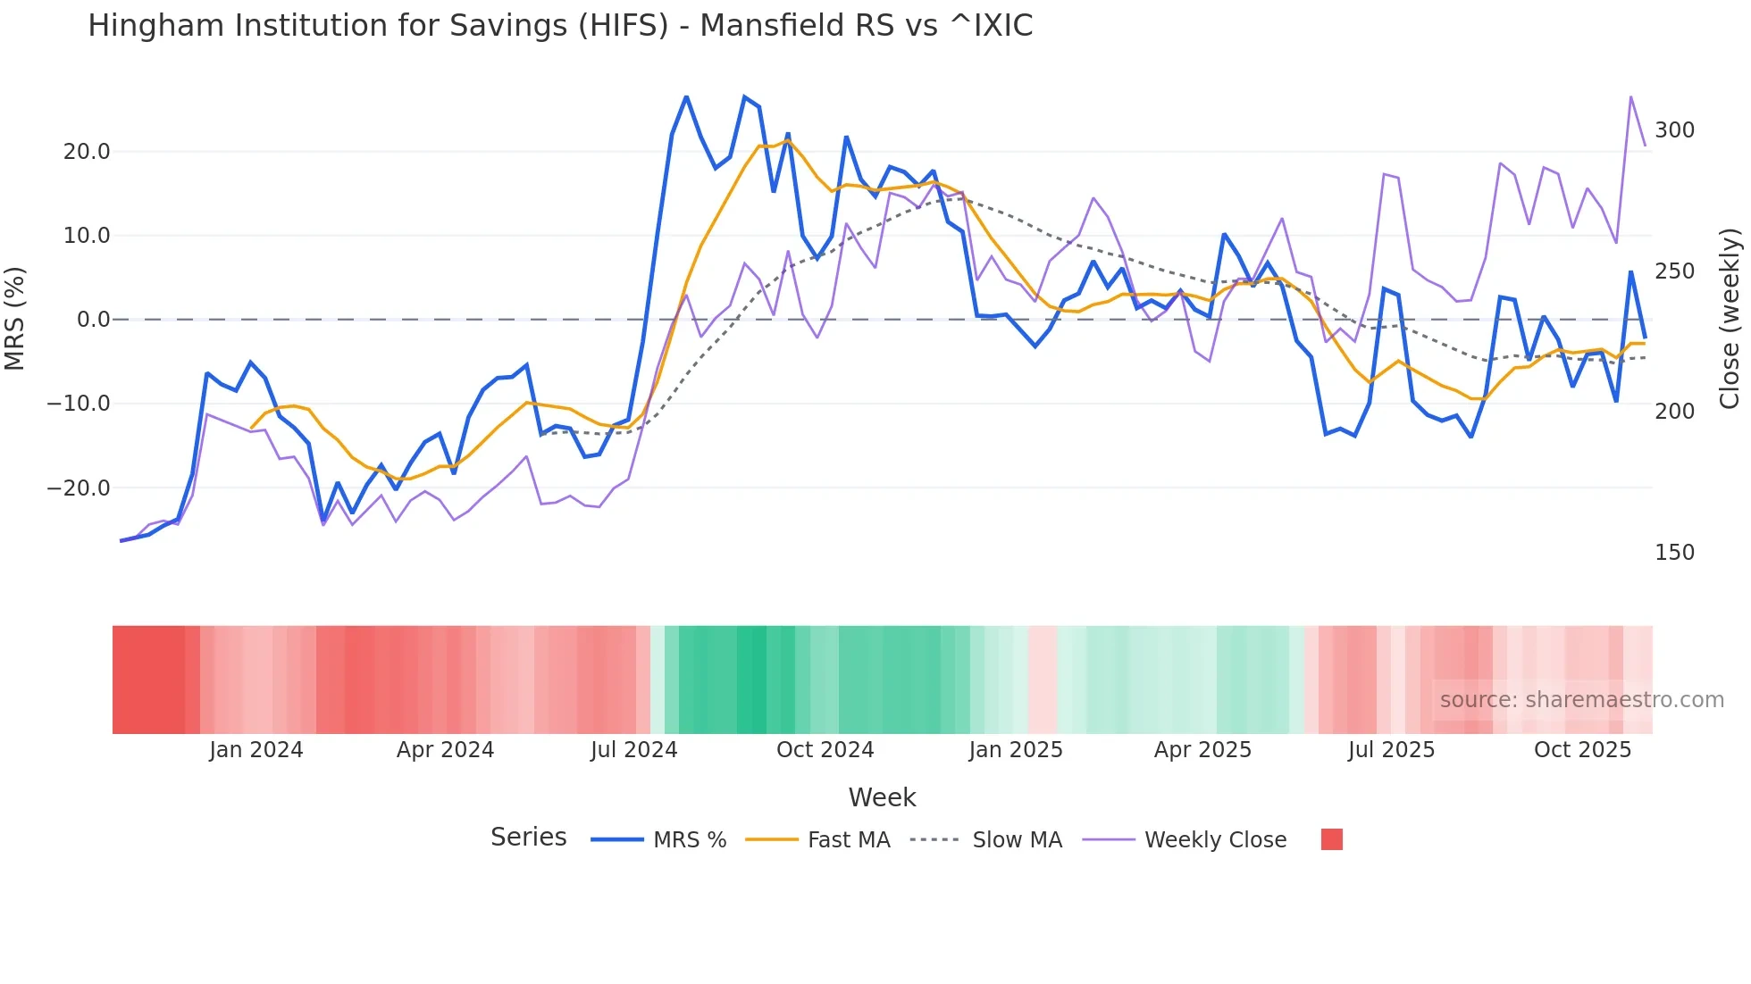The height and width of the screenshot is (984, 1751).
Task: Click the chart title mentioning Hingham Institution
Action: (560, 26)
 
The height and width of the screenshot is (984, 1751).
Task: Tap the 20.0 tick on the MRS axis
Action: (87, 152)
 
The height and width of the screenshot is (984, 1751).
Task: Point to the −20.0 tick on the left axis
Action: (79, 488)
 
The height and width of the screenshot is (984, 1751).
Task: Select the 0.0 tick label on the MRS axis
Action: (93, 320)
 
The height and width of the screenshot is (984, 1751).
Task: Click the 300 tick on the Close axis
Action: (1674, 130)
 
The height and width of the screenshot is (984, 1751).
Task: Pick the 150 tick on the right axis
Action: (1674, 553)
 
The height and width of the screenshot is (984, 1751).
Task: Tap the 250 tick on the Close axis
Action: (1674, 271)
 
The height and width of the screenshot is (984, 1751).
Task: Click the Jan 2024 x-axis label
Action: (256, 750)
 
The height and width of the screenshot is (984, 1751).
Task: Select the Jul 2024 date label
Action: (634, 750)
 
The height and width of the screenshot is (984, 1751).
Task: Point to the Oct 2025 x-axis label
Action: (1582, 750)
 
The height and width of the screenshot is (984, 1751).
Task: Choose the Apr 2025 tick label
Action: (1202, 750)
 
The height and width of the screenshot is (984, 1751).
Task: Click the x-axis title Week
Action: (882, 797)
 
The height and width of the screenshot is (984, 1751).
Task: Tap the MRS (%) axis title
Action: (15, 319)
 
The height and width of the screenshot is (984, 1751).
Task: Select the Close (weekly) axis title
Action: (1730, 319)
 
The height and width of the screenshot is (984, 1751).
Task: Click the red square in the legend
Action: (1331, 839)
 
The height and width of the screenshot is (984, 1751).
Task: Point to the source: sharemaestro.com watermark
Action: (1581, 700)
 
